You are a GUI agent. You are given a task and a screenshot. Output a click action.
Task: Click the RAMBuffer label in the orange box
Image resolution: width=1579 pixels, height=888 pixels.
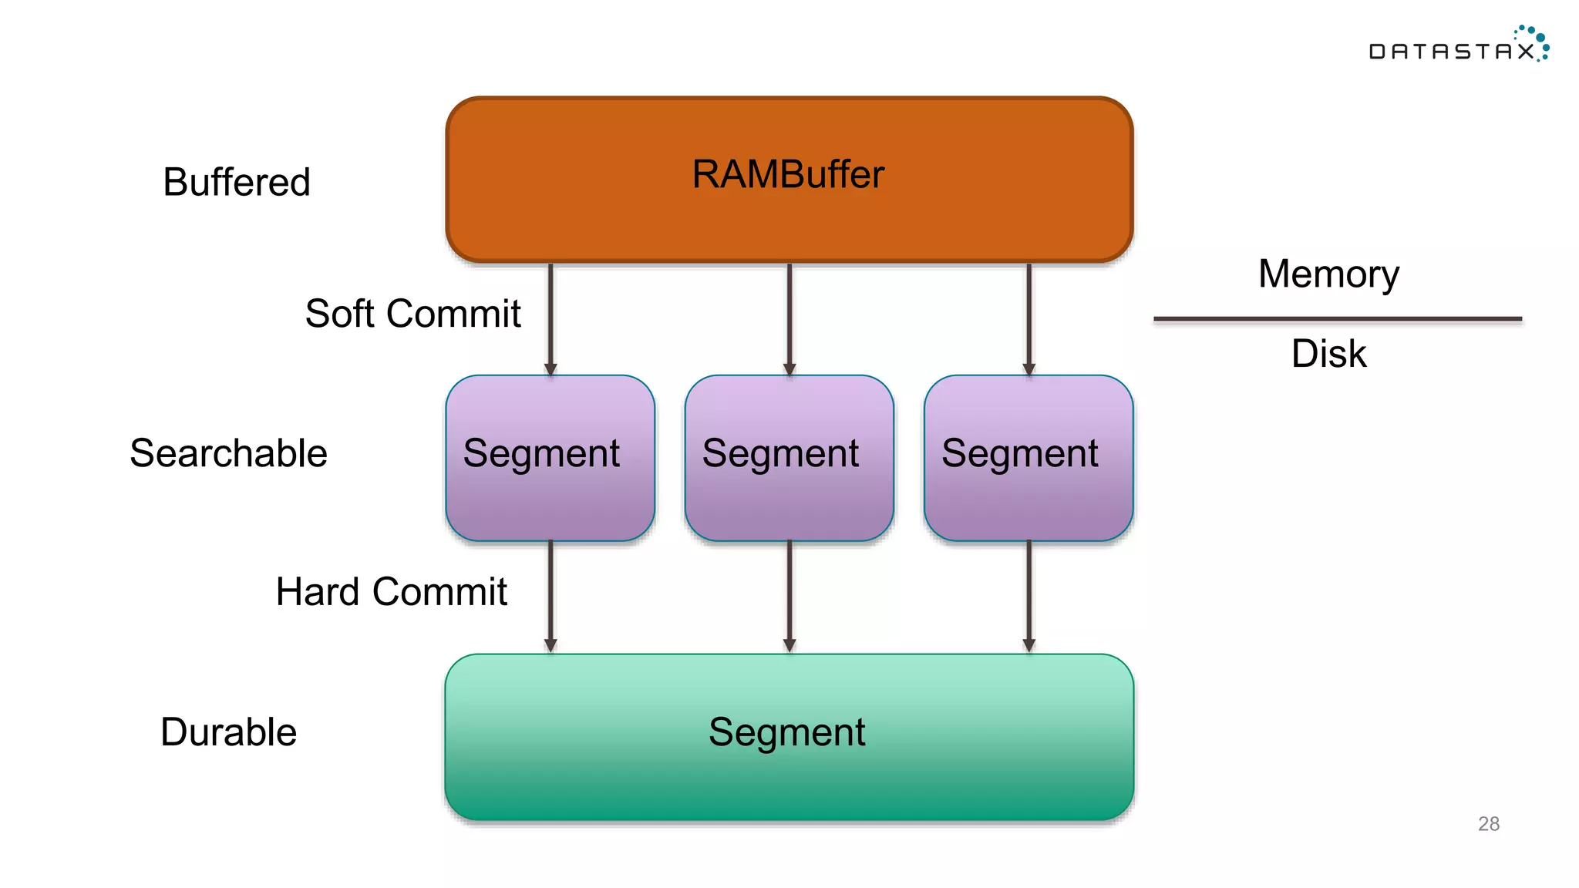tap(787, 174)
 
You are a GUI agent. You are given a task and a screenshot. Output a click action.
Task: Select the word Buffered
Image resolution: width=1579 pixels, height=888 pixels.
tap(236, 183)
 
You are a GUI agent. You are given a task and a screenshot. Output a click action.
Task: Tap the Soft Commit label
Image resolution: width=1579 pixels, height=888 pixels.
tap(412, 314)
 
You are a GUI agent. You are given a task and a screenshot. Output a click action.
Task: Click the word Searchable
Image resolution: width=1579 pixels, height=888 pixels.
tap(228, 453)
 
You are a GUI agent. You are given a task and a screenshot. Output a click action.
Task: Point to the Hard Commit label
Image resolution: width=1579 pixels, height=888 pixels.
tap(391, 592)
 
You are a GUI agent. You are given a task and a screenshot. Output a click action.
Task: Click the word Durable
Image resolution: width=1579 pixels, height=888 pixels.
tap(228, 732)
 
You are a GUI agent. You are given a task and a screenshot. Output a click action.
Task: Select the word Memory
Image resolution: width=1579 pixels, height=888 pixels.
tap(1328, 274)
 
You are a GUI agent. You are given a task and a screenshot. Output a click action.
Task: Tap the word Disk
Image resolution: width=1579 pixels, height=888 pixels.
tap(1328, 354)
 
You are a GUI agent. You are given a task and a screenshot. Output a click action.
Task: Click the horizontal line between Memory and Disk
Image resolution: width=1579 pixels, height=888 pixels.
tap(1337, 318)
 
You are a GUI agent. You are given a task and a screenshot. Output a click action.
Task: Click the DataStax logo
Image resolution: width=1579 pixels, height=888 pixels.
tap(1457, 46)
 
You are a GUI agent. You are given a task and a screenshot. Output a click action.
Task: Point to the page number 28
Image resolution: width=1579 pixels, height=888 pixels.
tap(1488, 824)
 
